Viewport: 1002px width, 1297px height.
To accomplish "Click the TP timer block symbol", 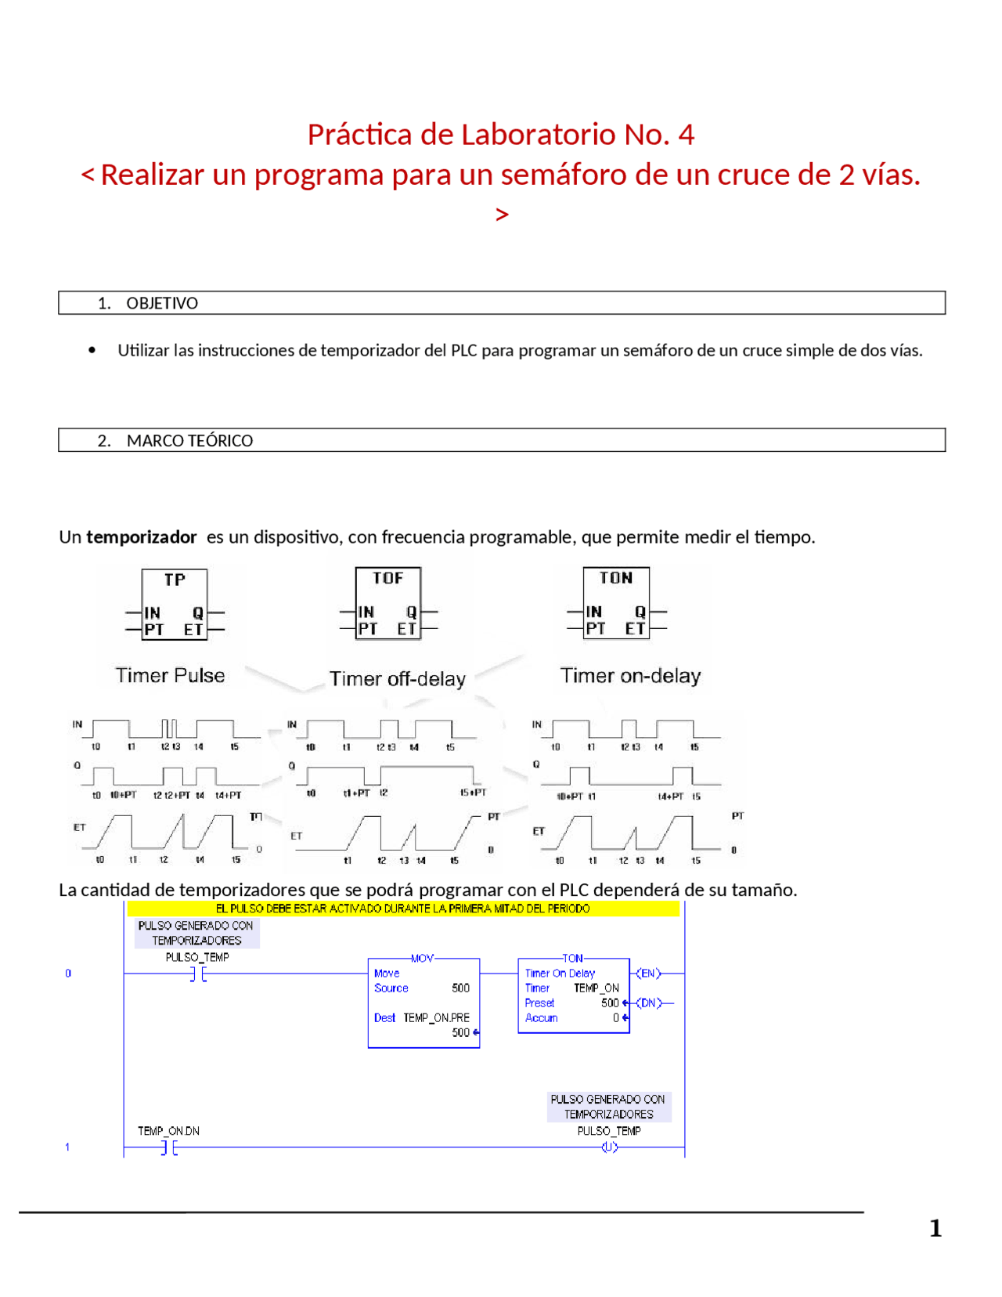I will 175,605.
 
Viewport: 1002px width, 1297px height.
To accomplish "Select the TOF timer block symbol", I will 388,603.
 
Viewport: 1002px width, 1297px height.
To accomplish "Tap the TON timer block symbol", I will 616,603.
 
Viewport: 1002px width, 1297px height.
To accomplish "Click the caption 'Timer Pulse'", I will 170,675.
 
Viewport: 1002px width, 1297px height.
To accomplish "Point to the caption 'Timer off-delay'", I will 397,678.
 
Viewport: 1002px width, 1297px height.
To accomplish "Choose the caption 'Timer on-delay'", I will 630,675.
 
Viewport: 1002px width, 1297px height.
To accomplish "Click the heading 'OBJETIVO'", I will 162,303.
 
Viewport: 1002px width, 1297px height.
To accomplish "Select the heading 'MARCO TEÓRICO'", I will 189,440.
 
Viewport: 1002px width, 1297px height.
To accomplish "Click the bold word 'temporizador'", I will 141,537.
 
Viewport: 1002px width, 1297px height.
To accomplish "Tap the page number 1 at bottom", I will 935,1227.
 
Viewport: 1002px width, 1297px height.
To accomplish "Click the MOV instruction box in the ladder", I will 424,1003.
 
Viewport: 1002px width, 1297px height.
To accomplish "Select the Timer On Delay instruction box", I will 574,995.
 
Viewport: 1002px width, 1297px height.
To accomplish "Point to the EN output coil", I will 648,973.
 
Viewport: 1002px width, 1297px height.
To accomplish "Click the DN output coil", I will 648,1003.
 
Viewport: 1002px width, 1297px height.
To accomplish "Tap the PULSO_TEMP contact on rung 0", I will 198,974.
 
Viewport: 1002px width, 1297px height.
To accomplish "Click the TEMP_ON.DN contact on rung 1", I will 169,1147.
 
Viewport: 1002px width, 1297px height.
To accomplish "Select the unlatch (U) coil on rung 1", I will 609,1147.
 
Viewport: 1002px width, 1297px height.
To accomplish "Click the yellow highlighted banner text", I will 402,909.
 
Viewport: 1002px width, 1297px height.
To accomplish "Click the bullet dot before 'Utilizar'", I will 92,350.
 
